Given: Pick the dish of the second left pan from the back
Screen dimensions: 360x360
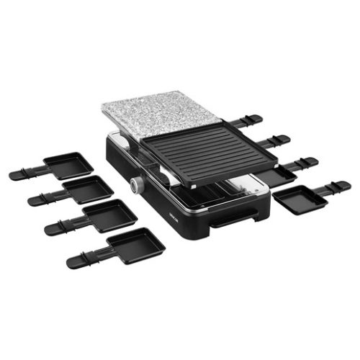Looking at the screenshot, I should [89, 189].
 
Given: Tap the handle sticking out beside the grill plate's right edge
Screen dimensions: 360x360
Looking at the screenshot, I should [277, 140].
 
